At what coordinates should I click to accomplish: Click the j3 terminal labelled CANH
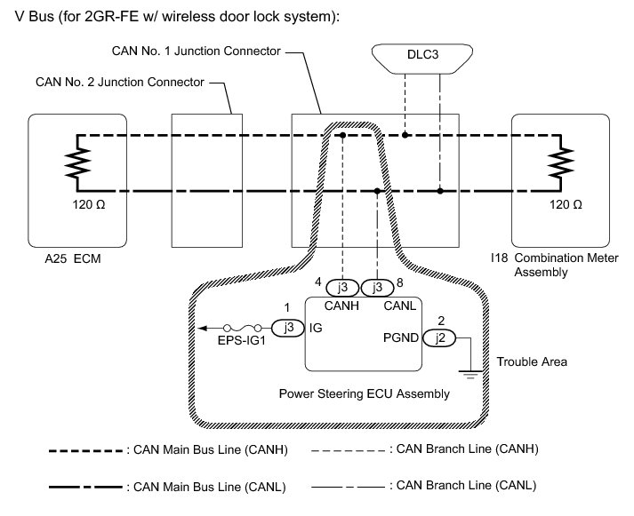pyautogui.click(x=342, y=288)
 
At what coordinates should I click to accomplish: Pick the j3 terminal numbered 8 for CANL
pyautogui.click(x=377, y=288)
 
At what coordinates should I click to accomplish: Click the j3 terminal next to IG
pyautogui.click(x=287, y=326)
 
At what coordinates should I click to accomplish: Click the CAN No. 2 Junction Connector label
pyautogui.click(x=119, y=83)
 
